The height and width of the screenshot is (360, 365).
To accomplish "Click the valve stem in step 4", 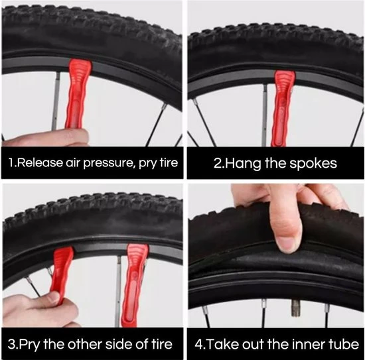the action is coord(295,308).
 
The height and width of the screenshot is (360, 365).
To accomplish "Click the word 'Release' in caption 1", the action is coord(40,162).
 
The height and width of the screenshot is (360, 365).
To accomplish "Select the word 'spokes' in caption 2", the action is coord(313,163).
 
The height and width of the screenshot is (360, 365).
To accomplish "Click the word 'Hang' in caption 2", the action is coord(244,164).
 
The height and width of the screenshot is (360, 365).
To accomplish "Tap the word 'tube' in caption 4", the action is coord(344,344).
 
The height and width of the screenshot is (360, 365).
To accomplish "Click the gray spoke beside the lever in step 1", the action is coord(56,101).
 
